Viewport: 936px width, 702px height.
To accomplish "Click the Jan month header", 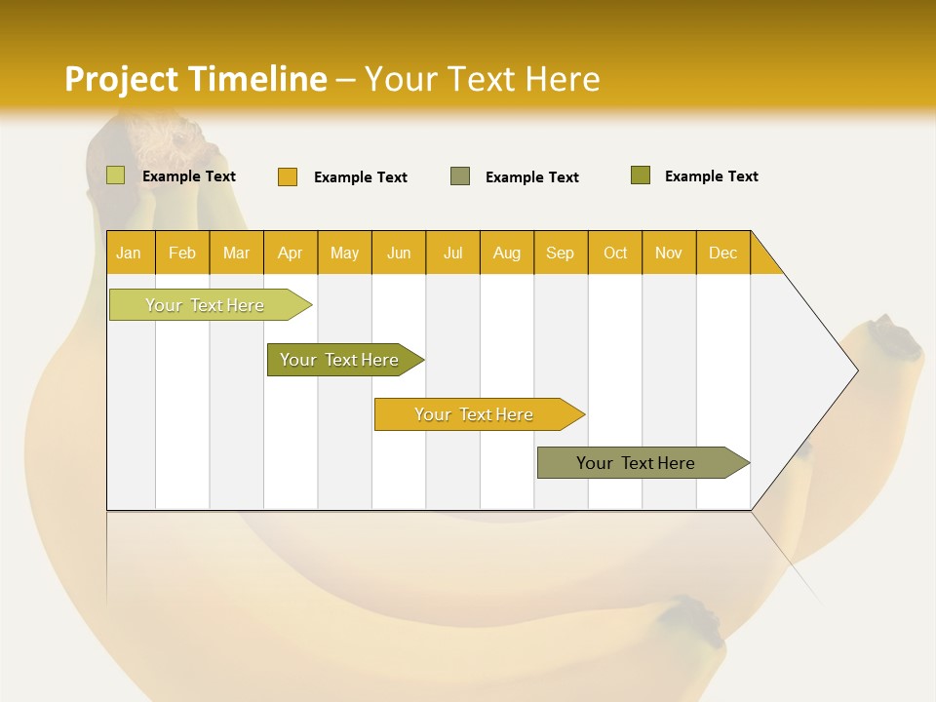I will (130, 253).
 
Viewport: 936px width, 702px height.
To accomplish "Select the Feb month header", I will (182, 253).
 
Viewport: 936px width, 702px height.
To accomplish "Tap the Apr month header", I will (291, 253).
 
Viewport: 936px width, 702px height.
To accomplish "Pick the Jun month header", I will (399, 253).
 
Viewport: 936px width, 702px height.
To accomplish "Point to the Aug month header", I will (507, 253).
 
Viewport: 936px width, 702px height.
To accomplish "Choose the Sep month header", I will (561, 253).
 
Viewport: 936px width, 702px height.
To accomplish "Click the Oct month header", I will (615, 253).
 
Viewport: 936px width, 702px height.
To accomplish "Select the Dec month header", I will (723, 253).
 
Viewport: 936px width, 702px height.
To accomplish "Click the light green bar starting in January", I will (206, 305).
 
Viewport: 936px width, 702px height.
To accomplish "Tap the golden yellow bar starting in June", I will (475, 414).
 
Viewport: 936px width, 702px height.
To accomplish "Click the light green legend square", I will (116, 175).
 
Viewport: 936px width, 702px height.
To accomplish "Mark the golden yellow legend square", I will (288, 176).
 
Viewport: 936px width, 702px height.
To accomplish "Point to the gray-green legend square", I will (460, 175).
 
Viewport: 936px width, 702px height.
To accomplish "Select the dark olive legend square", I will (641, 175).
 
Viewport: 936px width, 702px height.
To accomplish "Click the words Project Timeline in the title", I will (196, 79).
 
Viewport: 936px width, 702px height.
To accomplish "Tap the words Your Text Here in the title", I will (482, 79).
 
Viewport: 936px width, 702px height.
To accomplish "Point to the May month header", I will (344, 253).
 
